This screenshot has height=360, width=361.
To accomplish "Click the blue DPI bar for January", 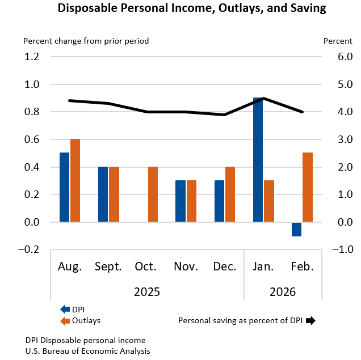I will coord(258,160).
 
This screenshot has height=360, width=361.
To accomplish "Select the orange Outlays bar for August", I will coord(75,180).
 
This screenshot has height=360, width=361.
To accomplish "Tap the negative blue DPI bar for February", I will coord(296,229).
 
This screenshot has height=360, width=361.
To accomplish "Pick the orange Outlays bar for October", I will coord(153,194).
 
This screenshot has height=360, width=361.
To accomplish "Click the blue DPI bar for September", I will coord(103,194).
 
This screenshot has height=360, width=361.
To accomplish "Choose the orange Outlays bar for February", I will coord(308,187).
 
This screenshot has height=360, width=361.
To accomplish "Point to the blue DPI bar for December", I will coord(219,201).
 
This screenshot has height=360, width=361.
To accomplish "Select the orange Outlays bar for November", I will coord(191,201).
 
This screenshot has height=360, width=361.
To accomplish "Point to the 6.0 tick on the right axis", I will coord(330,57).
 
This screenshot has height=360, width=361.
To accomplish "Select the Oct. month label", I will coord(147,266).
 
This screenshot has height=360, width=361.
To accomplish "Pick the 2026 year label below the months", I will coord(283,292).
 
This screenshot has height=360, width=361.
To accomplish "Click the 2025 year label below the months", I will coord(147,292).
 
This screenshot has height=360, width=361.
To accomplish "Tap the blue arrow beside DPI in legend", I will coord(65,309).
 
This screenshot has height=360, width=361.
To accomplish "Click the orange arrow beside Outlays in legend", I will coord(65,320).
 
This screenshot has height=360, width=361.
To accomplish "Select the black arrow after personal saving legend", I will coord(310,320).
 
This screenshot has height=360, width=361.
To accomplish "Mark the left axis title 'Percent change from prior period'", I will coord(86,41).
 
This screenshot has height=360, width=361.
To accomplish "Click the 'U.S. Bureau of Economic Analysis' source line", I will coord(87,351).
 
